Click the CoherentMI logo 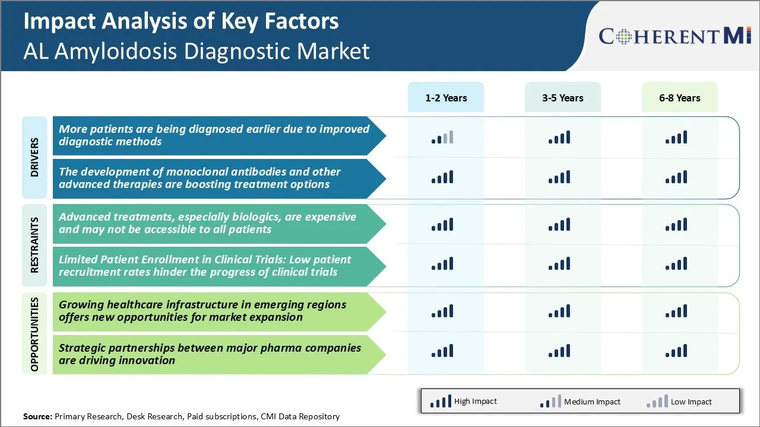coord(675,36)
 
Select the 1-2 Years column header coord(446,97)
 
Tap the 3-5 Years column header coord(562,97)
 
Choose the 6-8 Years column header coord(680,97)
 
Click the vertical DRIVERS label coord(34,157)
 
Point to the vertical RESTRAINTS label coord(34,245)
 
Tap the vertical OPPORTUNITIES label coord(34,334)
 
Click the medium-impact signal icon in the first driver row coord(442,137)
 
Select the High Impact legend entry coord(463,401)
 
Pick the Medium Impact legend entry coord(580,401)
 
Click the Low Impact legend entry coord(679,401)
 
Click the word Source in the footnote coord(37,416)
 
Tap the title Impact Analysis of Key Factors coord(181,21)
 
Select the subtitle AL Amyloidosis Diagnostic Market coord(196,51)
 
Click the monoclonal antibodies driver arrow coord(220,179)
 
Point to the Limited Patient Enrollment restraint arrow coord(220,266)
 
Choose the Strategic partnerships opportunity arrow coord(220,355)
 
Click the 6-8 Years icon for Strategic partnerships coord(676,350)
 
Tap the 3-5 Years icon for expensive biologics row coord(559,224)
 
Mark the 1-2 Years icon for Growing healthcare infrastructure coord(442,311)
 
